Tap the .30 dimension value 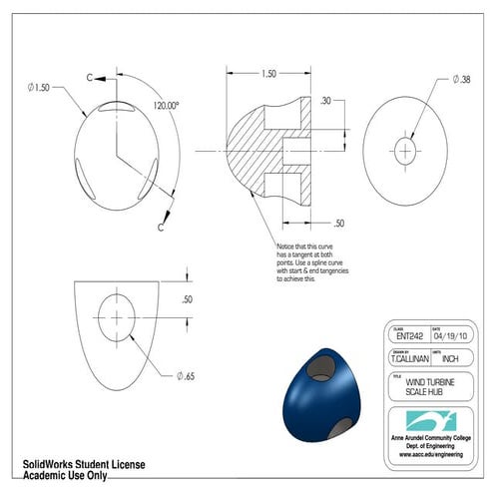pyautogui.click(x=326, y=101)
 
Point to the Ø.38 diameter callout pyautogui.click(x=463, y=78)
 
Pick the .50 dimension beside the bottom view pyautogui.click(x=186, y=299)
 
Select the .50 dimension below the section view pyautogui.click(x=339, y=223)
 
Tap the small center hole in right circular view pyautogui.click(x=404, y=151)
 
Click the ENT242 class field pyautogui.click(x=410, y=336)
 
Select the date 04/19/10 pyautogui.click(x=455, y=336)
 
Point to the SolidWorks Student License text pyautogui.click(x=84, y=465)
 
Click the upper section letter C pyautogui.click(x=90, y=76)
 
